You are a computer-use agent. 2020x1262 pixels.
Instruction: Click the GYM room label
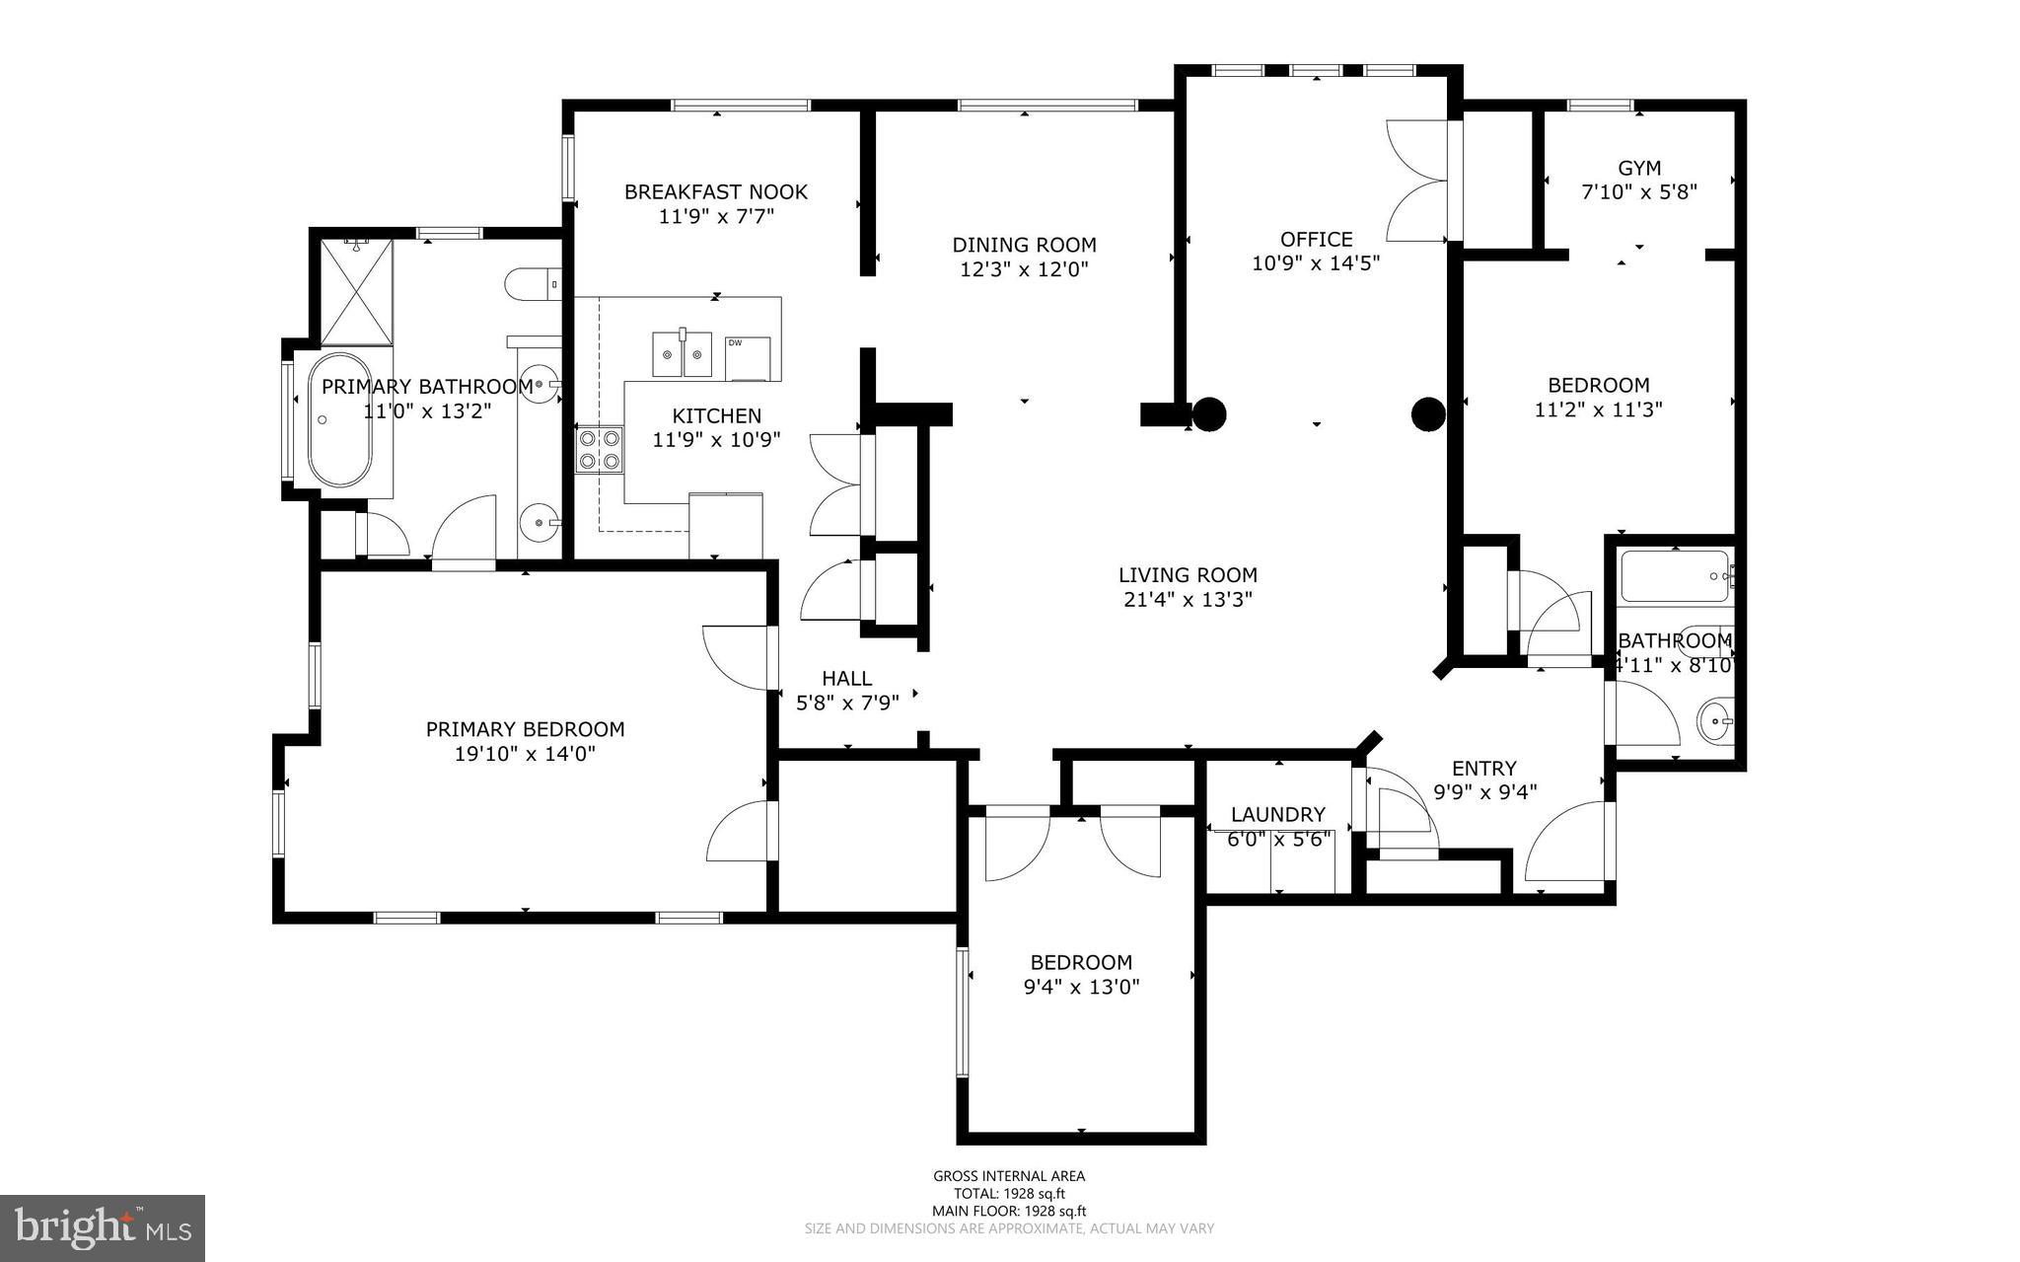pyautogui.click(x=1638, y=168)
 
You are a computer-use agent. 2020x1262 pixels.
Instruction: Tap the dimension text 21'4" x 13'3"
pyautogui.click(x=1188, y=599)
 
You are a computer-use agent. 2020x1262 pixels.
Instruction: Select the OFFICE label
pyautogui.click(x=1316, y=239)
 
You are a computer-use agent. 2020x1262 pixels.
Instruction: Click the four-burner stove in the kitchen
pyautogui.click(x=600, y=449)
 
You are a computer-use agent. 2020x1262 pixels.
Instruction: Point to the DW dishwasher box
pyautogui.click(x=748, y=358)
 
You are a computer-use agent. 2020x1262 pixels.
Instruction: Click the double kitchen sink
pyautogui.click(x=683, y=353)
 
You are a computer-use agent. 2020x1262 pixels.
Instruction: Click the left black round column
pyautogui.click(x=1209, y=414)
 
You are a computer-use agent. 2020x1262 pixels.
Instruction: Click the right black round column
pyautogui.click(x=1427, y=414)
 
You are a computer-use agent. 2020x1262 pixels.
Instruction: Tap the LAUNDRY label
pyautogui.click(x=1277, y=814)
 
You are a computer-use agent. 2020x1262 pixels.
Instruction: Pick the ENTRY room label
pyautogui.click(x=1483, y=768)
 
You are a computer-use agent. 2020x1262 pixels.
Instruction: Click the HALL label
pyautogui.click(x=846, y=678)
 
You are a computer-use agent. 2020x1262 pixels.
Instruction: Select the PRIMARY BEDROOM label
pyautogui.click(x=525, y=729)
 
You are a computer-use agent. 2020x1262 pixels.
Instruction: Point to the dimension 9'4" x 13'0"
pyautogui.click(x=1081, y=986)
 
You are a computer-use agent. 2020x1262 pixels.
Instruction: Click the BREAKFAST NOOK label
pyautogui.click(x=715, y=191)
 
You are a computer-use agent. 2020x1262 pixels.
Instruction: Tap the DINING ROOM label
pyautogui.click(x=1024, y=245)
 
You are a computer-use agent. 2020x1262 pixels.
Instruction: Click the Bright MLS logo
pyautogui.click(x=103, y=1227)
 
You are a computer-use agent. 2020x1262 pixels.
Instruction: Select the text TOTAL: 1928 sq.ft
pyautogui.click(x=1009, y=1193)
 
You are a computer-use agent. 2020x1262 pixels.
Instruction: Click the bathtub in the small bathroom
pyautogui.click(x=1674, y=575)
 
